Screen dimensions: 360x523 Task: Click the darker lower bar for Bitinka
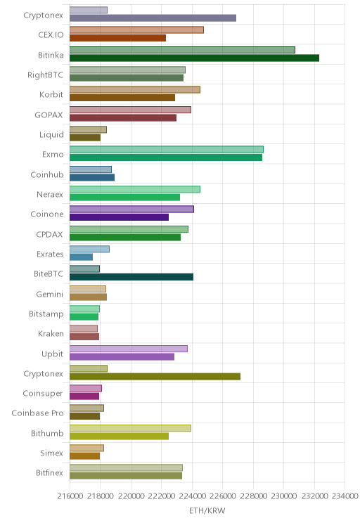pyautogui.click(x=194, y=58)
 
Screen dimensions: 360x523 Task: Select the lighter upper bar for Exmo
pyautogui.click(x=167, y=149)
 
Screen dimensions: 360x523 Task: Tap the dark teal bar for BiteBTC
pyautogui.click(x=131, y=277)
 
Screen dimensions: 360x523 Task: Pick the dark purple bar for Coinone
pyautogui.click(x=119, y=217)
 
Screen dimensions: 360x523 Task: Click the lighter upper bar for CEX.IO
pyautogui.click(x=136, y=30)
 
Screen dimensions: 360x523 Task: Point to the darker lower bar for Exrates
pyautogui.click(x=81, y=257)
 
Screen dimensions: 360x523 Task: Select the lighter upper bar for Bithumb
pyautogui.click(x=131, y=428)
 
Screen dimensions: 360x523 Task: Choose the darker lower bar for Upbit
pyautogui.click(x=122, y=356)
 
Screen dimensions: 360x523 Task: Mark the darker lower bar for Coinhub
pyautogui.click(x=92, y=177)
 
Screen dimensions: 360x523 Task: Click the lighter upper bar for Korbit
pyautogui.click(x=135, y=89)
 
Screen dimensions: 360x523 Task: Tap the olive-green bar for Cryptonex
pyautogui.click(x=155, y=377)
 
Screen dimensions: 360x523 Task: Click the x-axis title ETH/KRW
pyautogui.click(x=207, y=510)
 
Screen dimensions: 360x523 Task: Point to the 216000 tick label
pyautogui.click(x=70, y=496)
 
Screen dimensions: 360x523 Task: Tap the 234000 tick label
pyautogui.click(x=345, y=496)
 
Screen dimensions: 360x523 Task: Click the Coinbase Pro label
pyautogui.click(x=37, y=413)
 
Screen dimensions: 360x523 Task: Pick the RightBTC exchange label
pyautogui.click(x=46, y=75)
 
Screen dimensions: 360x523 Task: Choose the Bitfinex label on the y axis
pyautogui.click(x=49, y=472)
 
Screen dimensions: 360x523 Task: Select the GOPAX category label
pyautogui.click(x=49, y=115)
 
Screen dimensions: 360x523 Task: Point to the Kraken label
pyautogui.click(x=51, y=333)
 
